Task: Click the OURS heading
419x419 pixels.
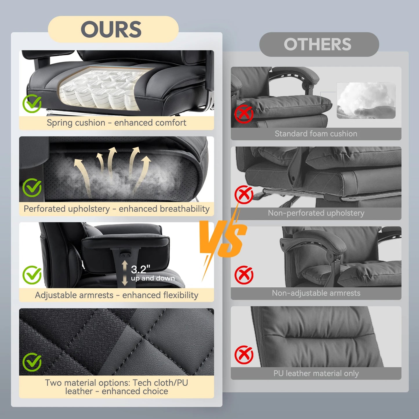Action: click(x=111, y=30)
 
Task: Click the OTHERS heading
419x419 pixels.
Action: click(x=318, y=44)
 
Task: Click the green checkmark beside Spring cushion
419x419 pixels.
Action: click(x=32, y=104)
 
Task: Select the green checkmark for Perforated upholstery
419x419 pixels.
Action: click(x=32, y=188)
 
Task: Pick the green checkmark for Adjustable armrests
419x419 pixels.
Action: click(x=32, y=275)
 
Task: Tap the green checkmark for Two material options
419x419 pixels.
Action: click(x=32, y=362)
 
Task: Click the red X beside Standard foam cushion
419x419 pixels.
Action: click(x=244, y=114)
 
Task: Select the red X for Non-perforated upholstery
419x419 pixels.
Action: click(x=244, y=195)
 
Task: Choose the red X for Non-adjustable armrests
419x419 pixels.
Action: click(x=244, y=275)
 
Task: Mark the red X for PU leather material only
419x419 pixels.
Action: click(x=244, y=355)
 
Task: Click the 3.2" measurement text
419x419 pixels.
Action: click(x=141, y=269)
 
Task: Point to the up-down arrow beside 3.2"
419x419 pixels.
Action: click(x=125, y=273)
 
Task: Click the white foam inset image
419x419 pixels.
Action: click(x=366, y=100)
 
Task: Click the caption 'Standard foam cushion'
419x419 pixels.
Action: click(x=316, y=134)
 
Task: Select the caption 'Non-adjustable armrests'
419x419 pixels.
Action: click(x=316, y=293)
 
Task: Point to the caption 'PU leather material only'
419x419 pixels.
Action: click(x=316, y=373)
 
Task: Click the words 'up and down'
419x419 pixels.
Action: click(x=153, y=278)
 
